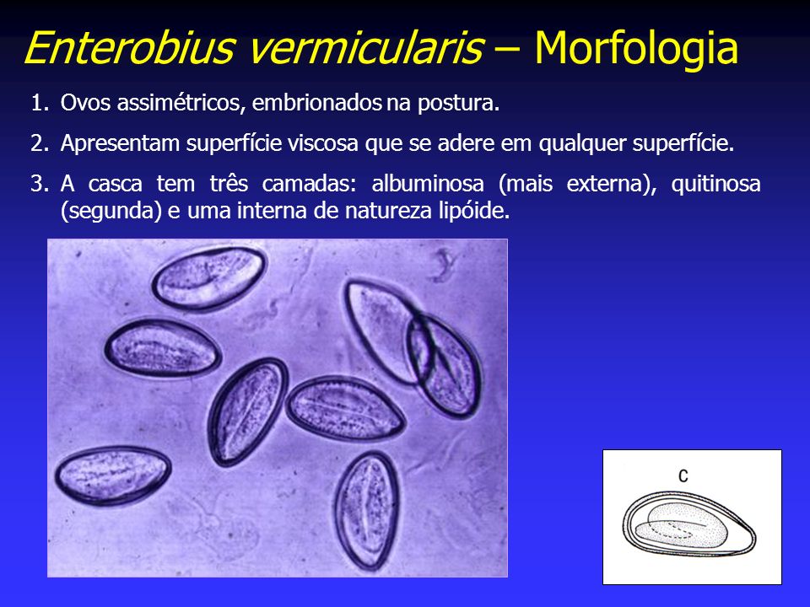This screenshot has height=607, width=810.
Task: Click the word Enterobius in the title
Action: coord(128,48)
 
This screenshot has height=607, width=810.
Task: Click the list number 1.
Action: coord(40,103)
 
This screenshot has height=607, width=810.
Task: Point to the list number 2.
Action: coord(40,143)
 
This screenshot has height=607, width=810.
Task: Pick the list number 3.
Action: coord(40,184)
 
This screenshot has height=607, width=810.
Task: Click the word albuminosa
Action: coord(428,184)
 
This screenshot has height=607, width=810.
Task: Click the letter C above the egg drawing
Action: coord(683,475)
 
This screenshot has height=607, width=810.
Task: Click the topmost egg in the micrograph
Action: coord(209,278)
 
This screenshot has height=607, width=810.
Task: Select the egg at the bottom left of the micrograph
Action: coord(112,475)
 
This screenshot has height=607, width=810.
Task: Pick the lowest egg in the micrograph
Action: coord(368,511)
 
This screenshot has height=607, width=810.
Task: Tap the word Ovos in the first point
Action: coord(85,103)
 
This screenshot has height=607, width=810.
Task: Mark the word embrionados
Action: coord(316,103)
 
